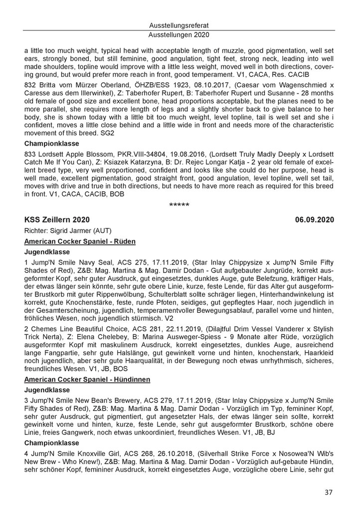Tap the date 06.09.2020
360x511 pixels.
pos(314,219)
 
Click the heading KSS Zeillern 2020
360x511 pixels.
pos(58,219)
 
